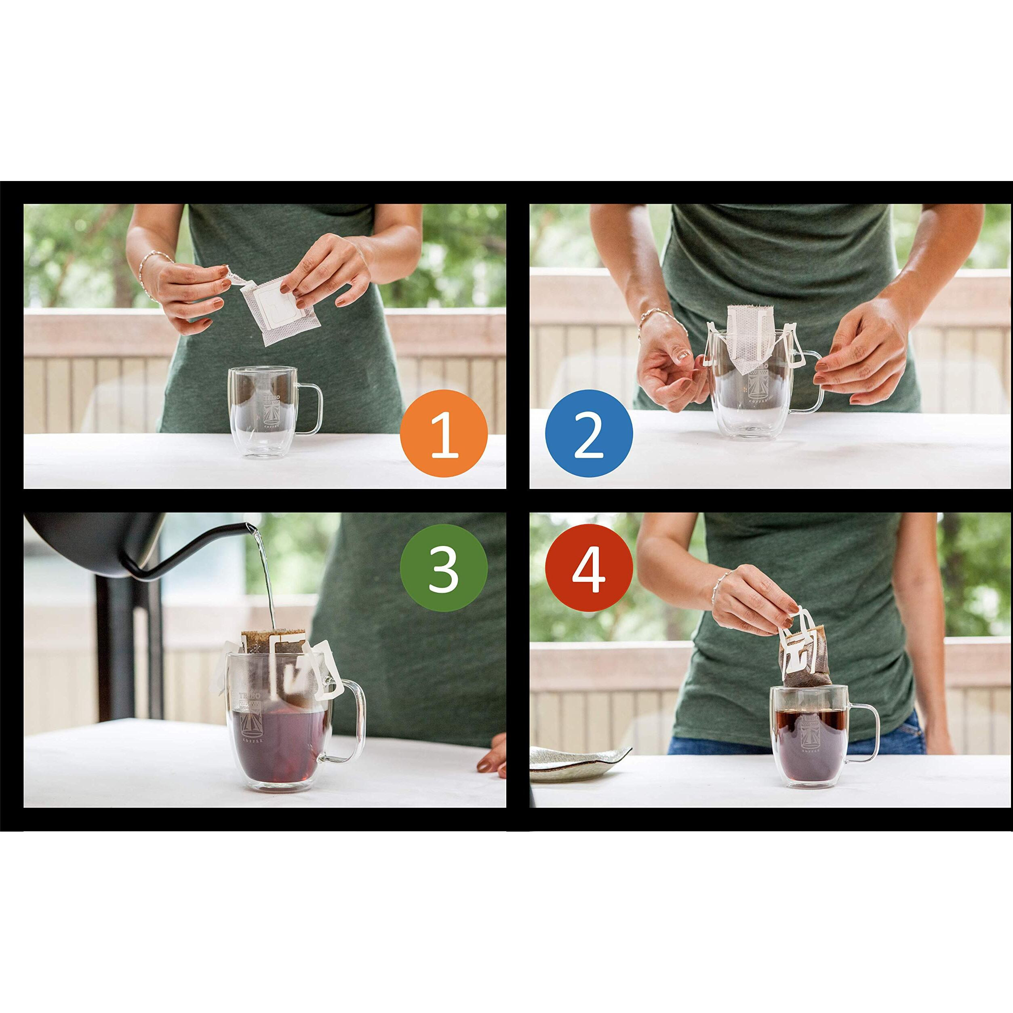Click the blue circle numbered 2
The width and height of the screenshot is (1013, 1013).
tap(589, 433)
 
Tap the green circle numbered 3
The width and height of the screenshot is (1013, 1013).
tap(444, 567)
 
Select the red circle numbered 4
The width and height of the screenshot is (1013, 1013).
tap(589, 567)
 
